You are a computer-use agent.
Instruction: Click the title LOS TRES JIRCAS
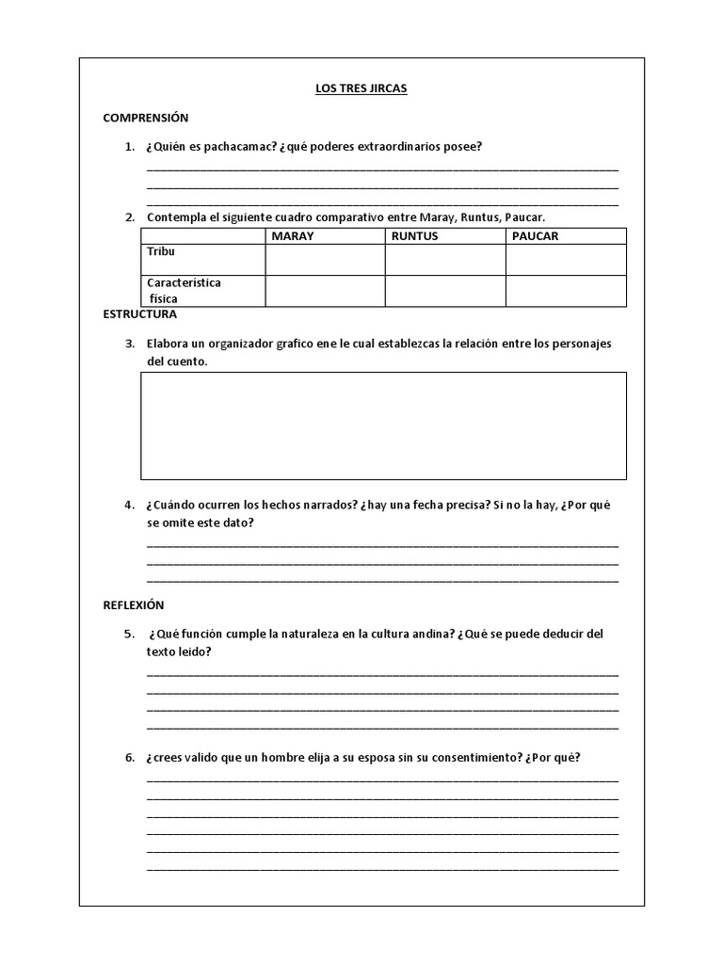[x=361, y=89]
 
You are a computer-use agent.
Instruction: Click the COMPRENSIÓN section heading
[x=146, y=118]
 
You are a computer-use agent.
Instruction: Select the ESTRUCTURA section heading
[x=139, y=314]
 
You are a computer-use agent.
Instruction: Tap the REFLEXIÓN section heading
[x=134, y=605]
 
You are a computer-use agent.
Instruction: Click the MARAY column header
[x=292, y=236]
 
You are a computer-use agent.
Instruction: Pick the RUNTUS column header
[x=414, y=236]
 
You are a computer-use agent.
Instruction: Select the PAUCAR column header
[x=535, y=236]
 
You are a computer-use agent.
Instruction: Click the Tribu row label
[x=161, y=252]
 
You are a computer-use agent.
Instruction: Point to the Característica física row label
[x=184, y=291]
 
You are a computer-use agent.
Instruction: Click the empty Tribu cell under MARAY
[x=325, y=260]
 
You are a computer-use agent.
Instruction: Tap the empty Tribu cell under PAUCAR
[x=566, y=260]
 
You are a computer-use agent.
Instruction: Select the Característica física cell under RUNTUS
[x=445, y=291]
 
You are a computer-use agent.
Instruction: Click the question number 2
[x=130, y=217]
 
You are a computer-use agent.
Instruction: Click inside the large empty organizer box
[x=383, y=426]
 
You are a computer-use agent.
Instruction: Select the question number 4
[x=130, y=505]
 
